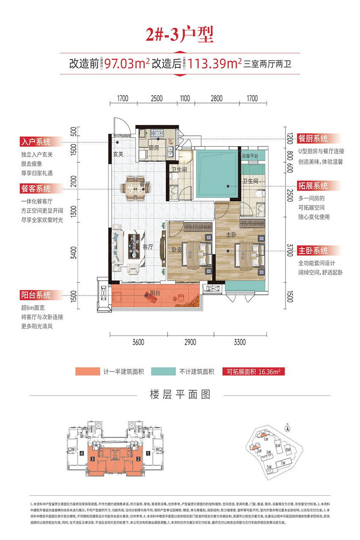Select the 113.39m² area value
215,64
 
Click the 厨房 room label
154,148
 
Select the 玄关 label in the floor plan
118,154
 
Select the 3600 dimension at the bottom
138,342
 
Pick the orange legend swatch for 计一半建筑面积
87,372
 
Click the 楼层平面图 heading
180,395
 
